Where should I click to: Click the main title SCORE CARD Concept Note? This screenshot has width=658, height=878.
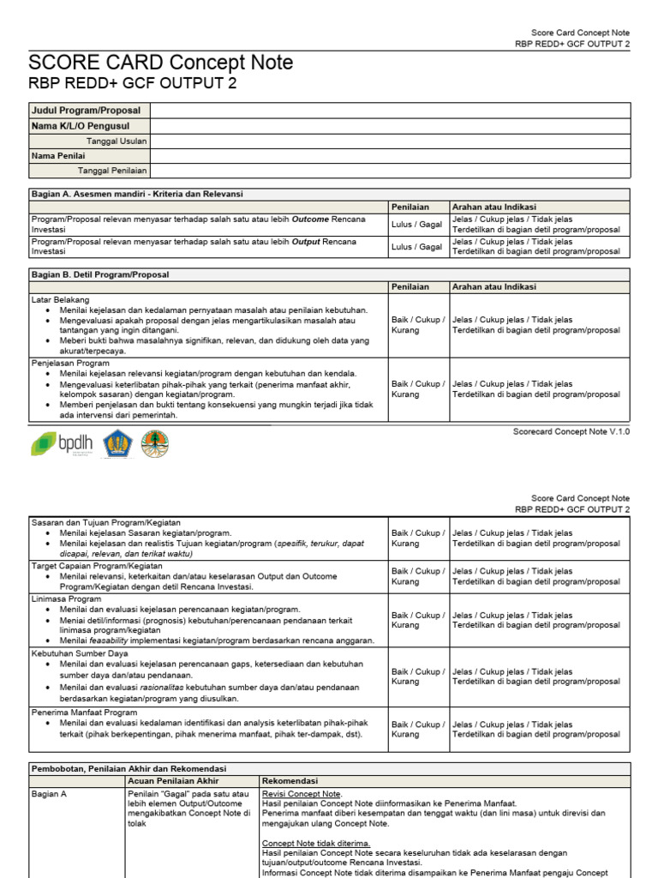click(160, 63)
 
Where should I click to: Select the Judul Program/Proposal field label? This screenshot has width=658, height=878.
click(85, 111)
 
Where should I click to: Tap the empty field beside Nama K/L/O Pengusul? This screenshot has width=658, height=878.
click(390, 126)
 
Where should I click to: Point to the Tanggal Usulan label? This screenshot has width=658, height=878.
click(117, 141)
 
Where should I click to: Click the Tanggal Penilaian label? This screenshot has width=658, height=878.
click(112, 171)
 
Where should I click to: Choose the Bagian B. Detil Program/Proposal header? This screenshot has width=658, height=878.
click(100, 274)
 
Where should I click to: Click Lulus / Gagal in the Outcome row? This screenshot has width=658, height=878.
click(417, 224)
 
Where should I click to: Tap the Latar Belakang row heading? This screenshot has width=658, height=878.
click(60, 299)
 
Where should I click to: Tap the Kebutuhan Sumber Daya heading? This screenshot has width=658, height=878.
click(79, 653)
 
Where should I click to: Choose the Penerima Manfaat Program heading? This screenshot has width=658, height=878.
click(84, 712)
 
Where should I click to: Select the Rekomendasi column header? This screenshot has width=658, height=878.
click(290, 781)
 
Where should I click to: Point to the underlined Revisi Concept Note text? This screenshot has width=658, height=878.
click(302, 794)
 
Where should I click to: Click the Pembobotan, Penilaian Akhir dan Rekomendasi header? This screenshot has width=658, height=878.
click(129, 769)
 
